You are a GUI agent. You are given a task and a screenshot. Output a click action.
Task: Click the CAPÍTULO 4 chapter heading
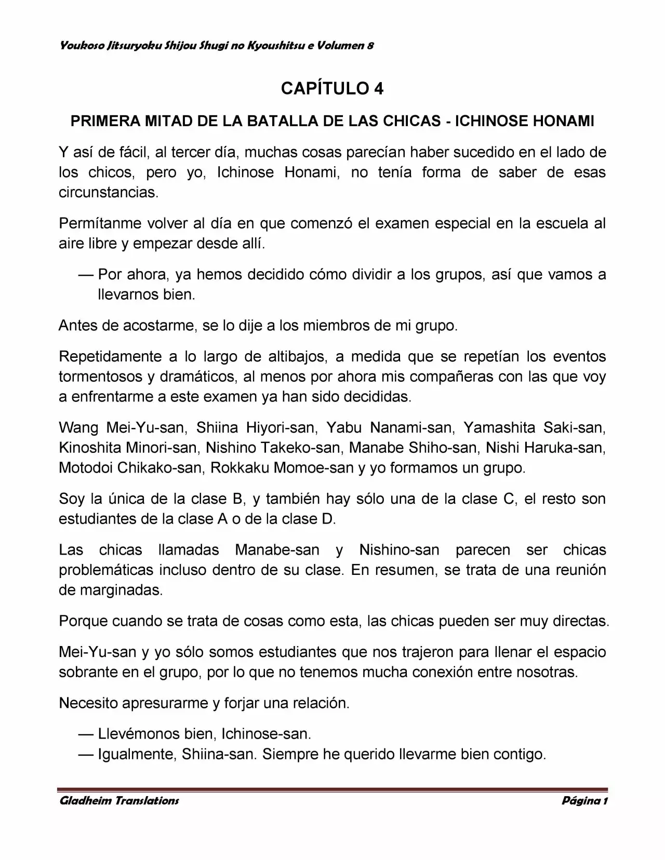(x=332, y=89)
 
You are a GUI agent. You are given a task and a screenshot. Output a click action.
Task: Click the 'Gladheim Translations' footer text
(x=119, y=800)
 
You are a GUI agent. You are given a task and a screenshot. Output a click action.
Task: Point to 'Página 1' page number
(x=584, y=800)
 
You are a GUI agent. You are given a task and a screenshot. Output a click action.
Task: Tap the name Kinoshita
(x=91, y=448)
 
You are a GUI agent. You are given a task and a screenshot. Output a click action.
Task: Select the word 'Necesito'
(x=89, y=703)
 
